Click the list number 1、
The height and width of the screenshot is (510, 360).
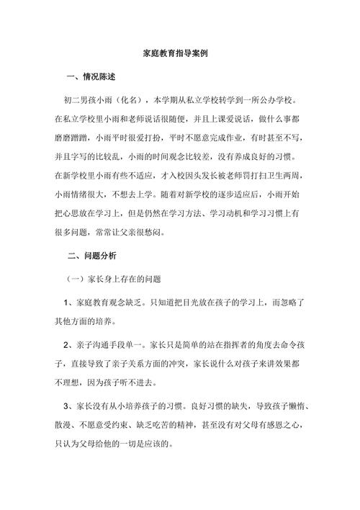pyautogui.click(x=68, y=300)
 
